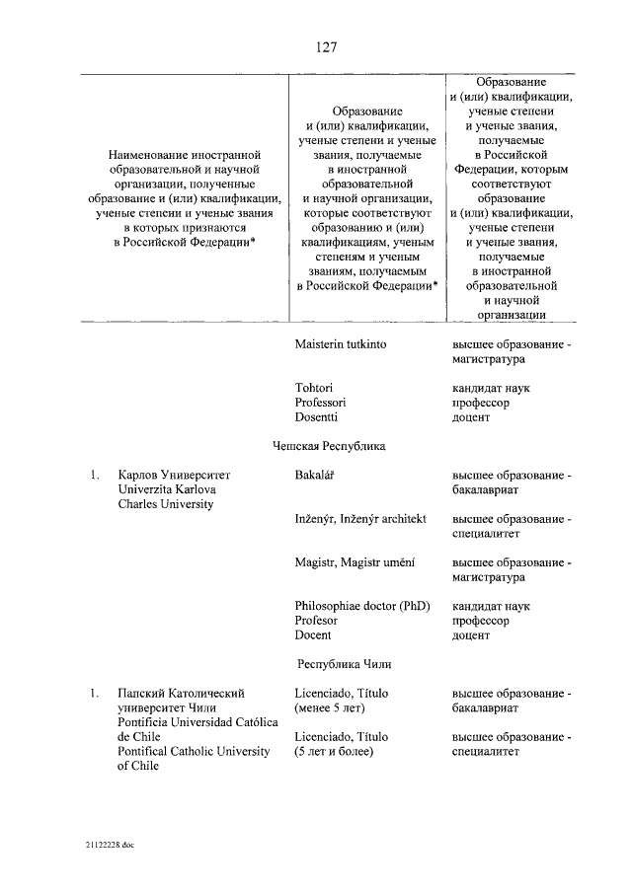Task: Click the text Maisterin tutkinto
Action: tap(341, 345)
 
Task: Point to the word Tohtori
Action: tap(314, 388)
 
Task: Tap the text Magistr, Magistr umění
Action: tap(355, 562)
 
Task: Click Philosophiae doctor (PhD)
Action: tap(361, 606)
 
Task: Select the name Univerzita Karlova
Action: tap(167, 490)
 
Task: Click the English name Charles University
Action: tap(165, 505)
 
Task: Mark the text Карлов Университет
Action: tap(173, 476)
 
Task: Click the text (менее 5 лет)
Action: tap(335, 708)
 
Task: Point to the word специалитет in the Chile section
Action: tap(488, 752)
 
